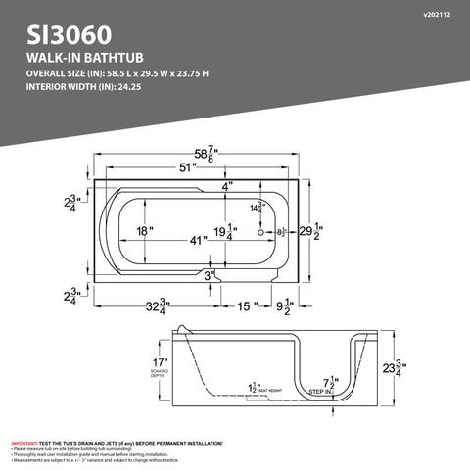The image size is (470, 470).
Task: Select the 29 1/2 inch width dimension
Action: (x=308, y=233)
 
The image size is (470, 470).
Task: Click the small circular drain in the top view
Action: (x=261, y=233)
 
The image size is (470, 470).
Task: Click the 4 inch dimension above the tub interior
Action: (x=226, y=186)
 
